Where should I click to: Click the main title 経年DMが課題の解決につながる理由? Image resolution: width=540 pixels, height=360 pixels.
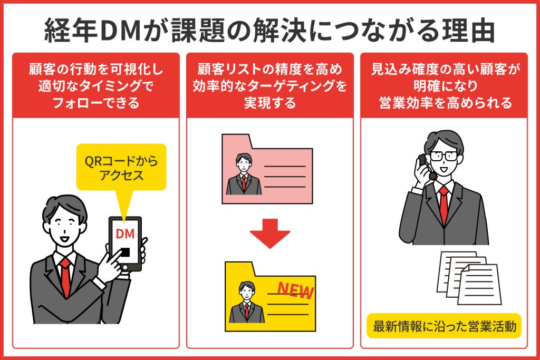(269, 31)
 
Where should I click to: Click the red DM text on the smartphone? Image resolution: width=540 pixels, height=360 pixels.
(125, 232)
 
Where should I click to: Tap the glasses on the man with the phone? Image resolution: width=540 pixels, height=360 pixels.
(443, 155)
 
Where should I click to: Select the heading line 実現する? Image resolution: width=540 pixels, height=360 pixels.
(269, 103)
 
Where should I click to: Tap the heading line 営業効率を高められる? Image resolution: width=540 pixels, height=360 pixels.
(445, 103)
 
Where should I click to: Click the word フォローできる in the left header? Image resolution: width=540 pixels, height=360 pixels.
(95, 103)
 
